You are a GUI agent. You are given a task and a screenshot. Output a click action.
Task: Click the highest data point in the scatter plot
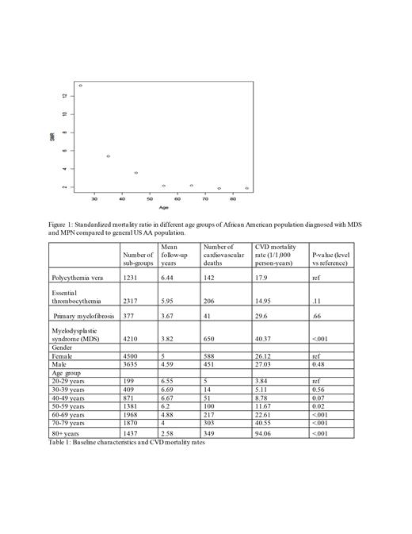coord(80,86)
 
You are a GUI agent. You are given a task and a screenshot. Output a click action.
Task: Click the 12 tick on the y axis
coord(64,95)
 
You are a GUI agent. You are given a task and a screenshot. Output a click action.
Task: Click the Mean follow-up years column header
coord(176,255)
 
